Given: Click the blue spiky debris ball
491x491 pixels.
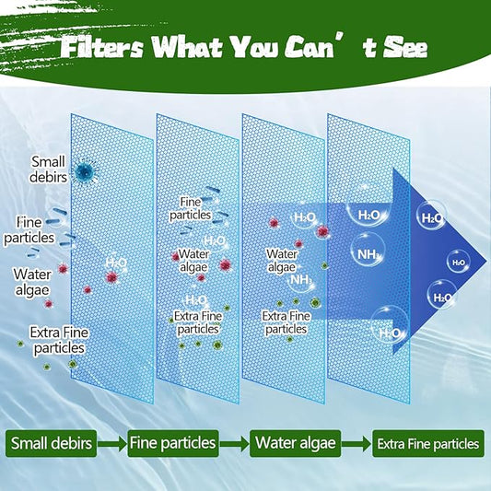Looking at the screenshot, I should [86, 170].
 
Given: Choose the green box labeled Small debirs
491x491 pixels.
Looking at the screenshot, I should [53, 443].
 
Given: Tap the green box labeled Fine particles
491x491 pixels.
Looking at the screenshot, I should [173, 443].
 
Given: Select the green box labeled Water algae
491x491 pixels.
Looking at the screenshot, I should [295, 443].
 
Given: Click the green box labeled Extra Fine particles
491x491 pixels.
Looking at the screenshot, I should [427, 444].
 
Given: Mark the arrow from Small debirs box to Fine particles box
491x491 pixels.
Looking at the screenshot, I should [111, 444].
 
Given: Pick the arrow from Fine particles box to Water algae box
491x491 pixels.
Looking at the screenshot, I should [234, 444].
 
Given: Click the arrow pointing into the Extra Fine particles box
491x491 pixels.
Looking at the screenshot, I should [356, 444].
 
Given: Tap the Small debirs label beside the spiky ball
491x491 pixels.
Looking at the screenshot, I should [48, 170].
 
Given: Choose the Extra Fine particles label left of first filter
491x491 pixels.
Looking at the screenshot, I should [58, 340].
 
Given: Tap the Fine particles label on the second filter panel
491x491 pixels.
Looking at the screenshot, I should [191, 207].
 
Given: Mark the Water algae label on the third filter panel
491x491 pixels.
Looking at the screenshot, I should [281, 260].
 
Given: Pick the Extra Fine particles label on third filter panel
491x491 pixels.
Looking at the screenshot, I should [286, 321].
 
